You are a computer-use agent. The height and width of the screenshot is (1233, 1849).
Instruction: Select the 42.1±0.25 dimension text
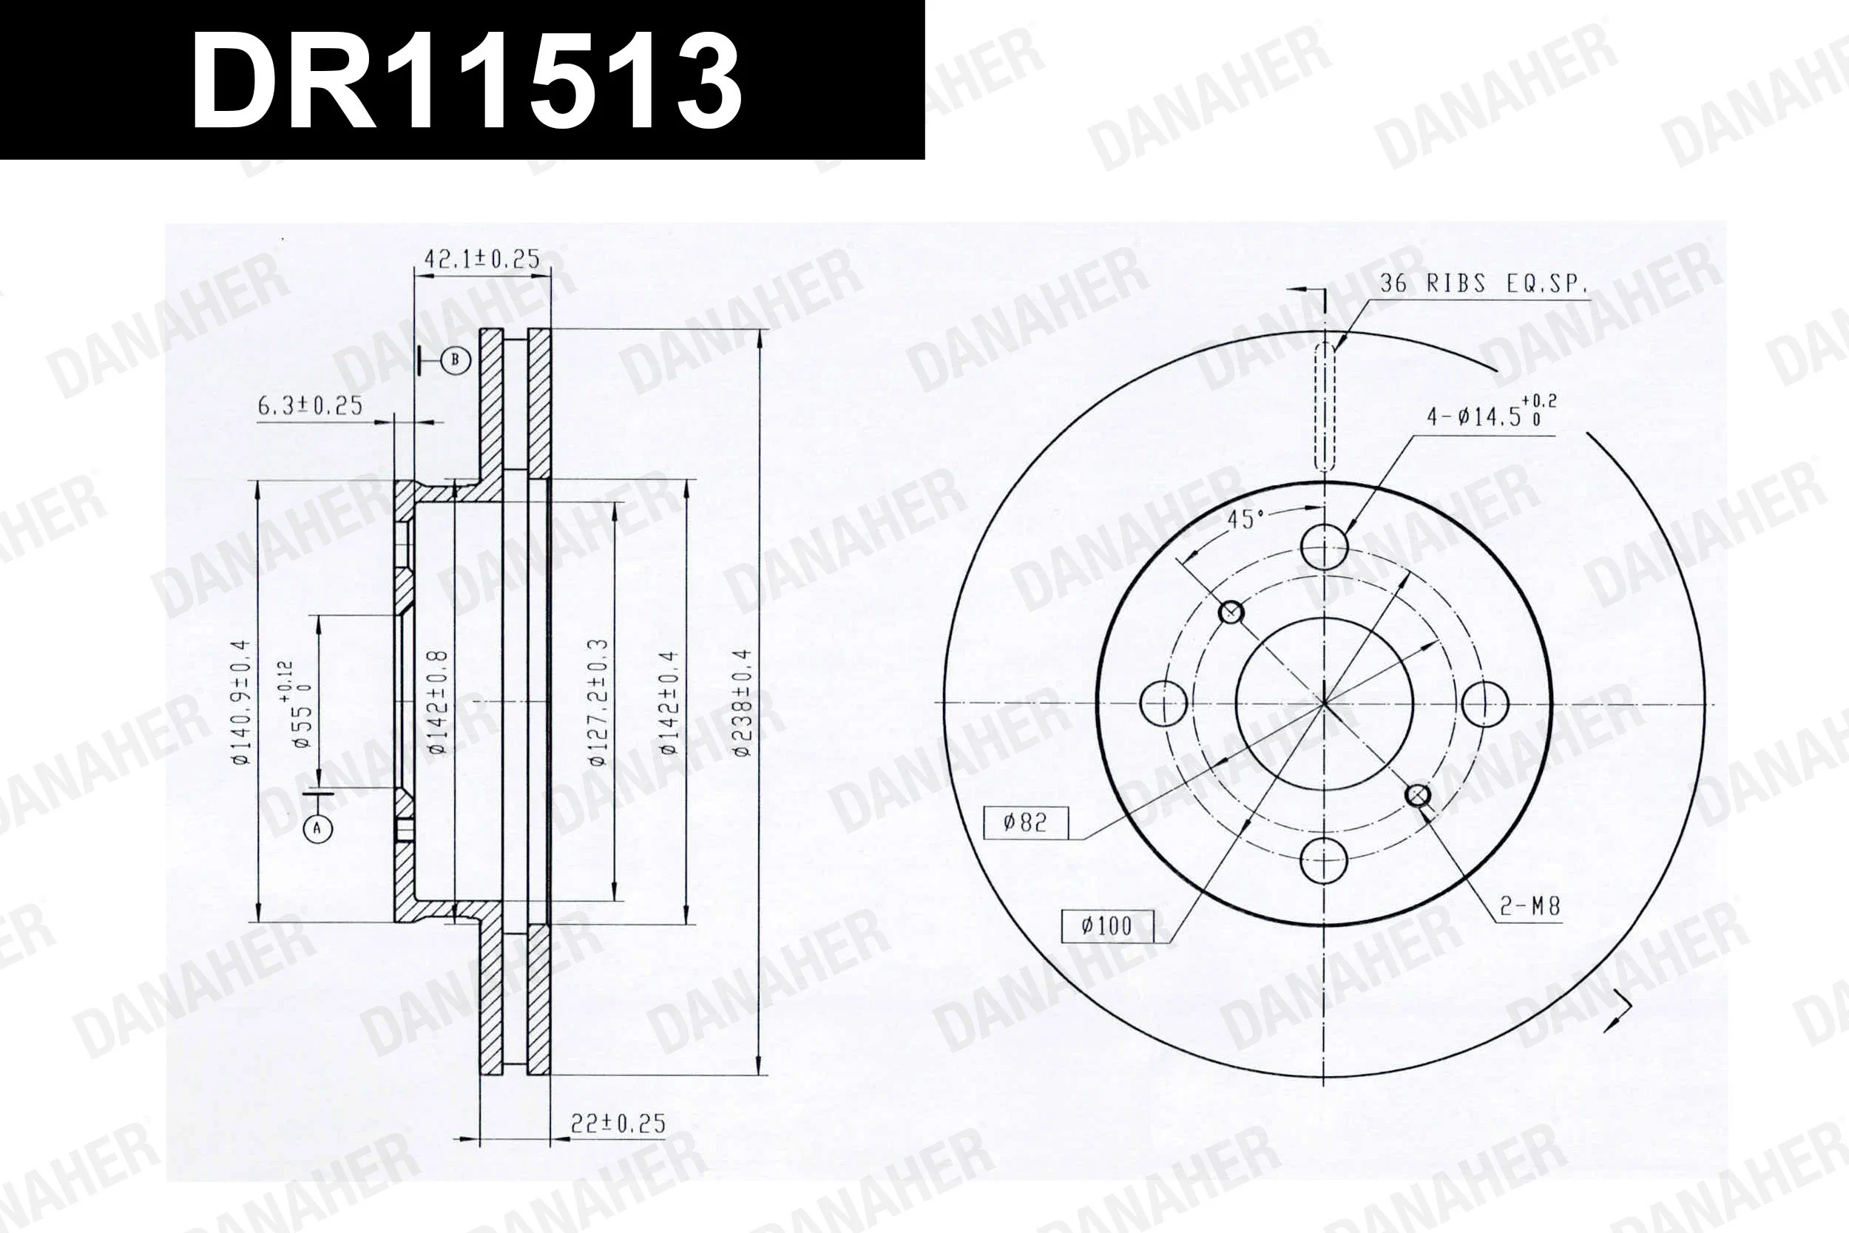pyautogui.click(x=482, y=259)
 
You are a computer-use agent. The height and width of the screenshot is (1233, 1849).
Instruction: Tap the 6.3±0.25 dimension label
pyautogui.click(x=310, y=406)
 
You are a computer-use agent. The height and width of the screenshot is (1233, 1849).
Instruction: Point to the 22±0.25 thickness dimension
pyautogui.click(x=618, y=1124)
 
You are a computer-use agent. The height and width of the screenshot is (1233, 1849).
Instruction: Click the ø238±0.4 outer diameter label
pyautogui.click(x=743, y=702)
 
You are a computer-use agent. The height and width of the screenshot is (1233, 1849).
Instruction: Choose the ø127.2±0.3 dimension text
pyautogui.click(x=598, y=702)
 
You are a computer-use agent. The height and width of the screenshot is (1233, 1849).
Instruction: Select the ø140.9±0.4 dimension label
pyautogui.click(x=241, y=702)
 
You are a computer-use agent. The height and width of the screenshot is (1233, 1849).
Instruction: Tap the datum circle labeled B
pyautogui.click(x=455, y=361)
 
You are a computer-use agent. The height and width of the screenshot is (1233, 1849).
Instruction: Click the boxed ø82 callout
pyautogui.click(x=1025, y=822)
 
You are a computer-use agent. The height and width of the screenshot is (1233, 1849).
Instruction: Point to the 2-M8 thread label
pyautogui.click(x=1529, y=907)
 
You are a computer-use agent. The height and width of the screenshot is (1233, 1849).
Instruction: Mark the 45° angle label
pyautogui.click(x=1245, y=520)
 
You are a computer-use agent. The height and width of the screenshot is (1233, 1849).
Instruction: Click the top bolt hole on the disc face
pyautogui.click(x=1325, y=546)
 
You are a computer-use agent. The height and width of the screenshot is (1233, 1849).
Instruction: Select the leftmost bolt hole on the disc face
pyautogui.click(x=1163, y=703)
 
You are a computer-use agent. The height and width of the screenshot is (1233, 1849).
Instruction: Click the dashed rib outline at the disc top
pyautogui.click(x=1325, y=405)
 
